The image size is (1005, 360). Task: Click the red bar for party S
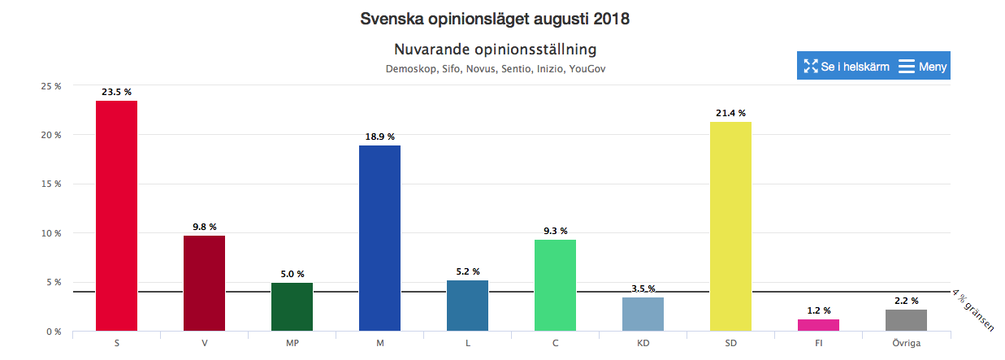(x=116, y=215)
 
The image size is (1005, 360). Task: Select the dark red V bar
(x=204, y=283)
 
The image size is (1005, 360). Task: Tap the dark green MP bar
(x=292, y=306)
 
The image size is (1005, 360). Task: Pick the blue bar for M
(x=379, y=238)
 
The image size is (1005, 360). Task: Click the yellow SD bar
(x=730, y=226)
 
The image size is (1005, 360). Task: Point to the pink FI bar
(x=818, y=325)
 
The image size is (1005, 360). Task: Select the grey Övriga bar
(x=906, y=320)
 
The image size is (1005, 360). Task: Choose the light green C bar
(x=555, y=285)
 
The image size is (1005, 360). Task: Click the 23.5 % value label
(x=116, y=93)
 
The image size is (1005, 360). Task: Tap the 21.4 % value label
(x=730, y=113)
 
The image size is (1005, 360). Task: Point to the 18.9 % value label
(x=379, y=137)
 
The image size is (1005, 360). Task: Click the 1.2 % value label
(x=818, y=310)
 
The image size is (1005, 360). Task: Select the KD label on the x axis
(x=643, y=344)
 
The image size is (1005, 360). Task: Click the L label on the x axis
(x=467, y=344)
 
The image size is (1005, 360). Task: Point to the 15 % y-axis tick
(x=52, y=184)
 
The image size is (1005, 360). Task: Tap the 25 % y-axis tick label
(x=52, y=85)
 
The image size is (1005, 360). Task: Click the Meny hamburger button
(x=922, y=67)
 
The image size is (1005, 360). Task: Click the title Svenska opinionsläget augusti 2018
(x=494, y=19)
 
